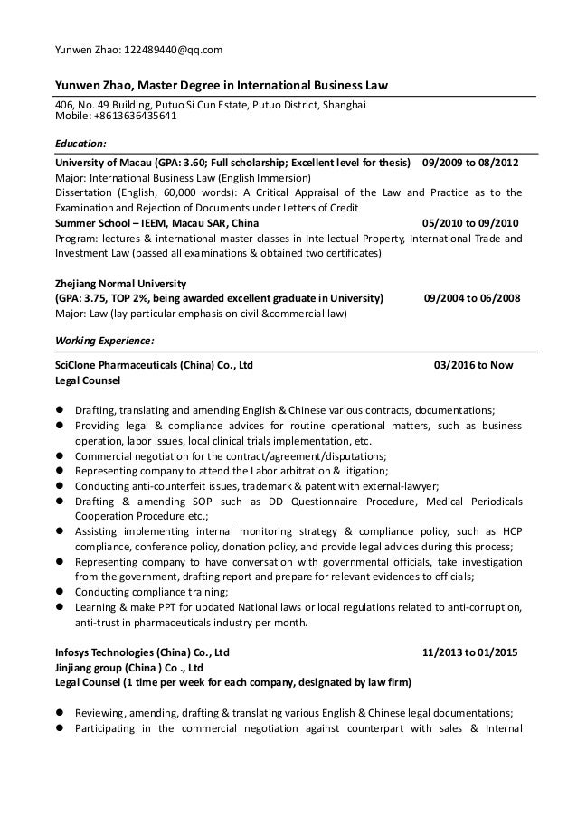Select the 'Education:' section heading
[80, 143]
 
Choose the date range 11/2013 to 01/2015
[470, 652]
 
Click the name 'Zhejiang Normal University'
[120, 283]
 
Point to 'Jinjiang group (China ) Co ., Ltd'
[129, 667]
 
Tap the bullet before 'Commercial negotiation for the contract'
[61, 456]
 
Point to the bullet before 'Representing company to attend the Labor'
[61, 471]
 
